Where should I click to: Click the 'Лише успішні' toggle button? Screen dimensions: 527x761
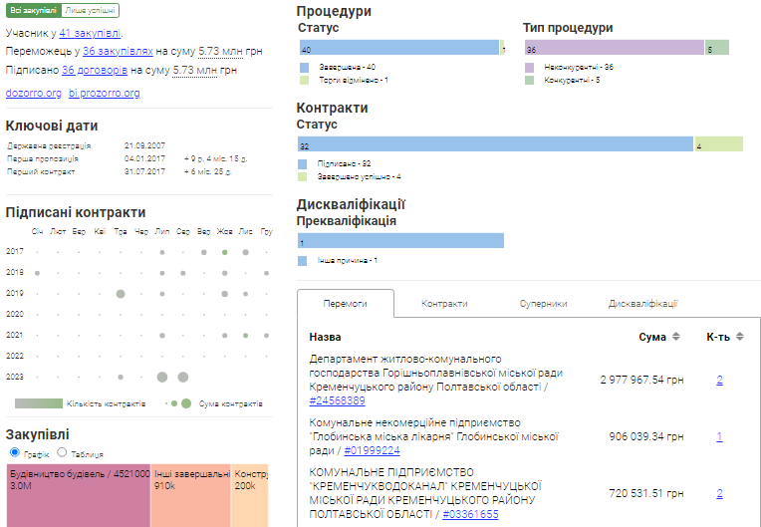coord(90,10)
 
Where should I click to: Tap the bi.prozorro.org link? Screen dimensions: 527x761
coord(104,93)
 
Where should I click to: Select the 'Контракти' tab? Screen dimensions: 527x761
coord(444,304)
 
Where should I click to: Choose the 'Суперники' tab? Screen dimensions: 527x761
coord(543,304)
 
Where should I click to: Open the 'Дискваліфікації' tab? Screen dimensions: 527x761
coord(642,304)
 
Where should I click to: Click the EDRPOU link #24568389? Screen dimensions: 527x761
coord(337,400)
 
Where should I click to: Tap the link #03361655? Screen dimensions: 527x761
coord(471,514)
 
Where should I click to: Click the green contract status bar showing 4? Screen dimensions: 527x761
coord(718,145)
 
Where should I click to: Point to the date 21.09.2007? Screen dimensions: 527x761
coord(144,145)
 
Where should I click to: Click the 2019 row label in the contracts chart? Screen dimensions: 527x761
coord(15,293)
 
